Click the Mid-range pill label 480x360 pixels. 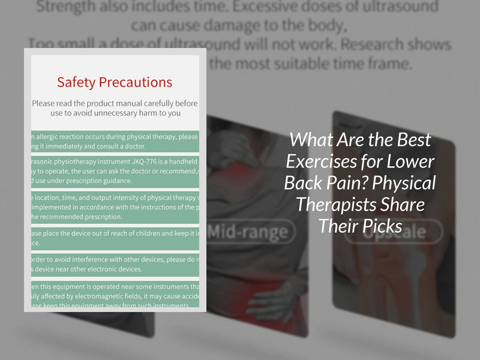pyautogui.click(x=248, y=232)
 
